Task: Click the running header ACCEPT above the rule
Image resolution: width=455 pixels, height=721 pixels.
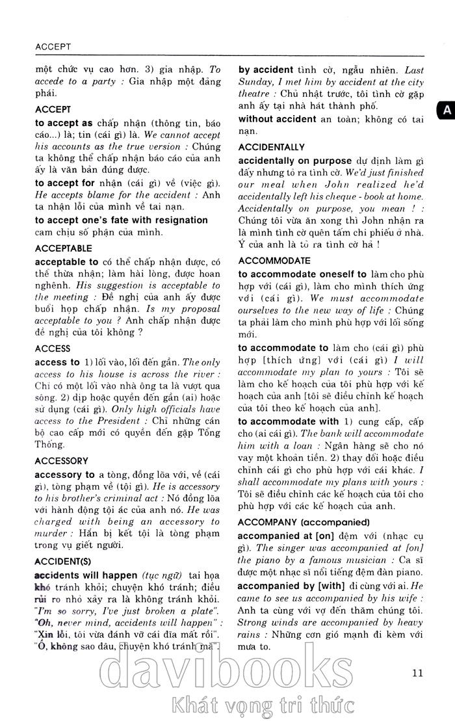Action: (53, 47)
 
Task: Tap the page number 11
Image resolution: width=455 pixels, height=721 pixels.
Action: (417, 673)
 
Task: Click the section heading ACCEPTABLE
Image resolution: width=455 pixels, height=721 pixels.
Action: (64, 248)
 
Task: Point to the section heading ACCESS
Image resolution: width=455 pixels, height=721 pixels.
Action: (53, 348)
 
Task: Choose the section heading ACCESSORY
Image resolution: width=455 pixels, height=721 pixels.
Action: (61, 461)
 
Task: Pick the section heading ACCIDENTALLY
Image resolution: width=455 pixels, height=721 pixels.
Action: (271, 147)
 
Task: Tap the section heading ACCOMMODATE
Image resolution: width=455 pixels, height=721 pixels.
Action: (274, 260)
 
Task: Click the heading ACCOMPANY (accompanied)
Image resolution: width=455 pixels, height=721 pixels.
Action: (304, 522)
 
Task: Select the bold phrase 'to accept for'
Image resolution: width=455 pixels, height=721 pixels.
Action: (65, 183)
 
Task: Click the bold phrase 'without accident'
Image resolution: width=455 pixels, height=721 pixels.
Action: (277, 119)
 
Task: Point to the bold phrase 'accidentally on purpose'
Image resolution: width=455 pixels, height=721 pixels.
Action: (295, 160)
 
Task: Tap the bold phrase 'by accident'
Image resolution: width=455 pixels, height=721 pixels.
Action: (266, 70)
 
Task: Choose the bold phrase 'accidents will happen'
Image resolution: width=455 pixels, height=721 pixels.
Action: (86, 575)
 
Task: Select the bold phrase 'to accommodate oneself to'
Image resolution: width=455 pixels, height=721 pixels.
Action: (302, 274)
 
